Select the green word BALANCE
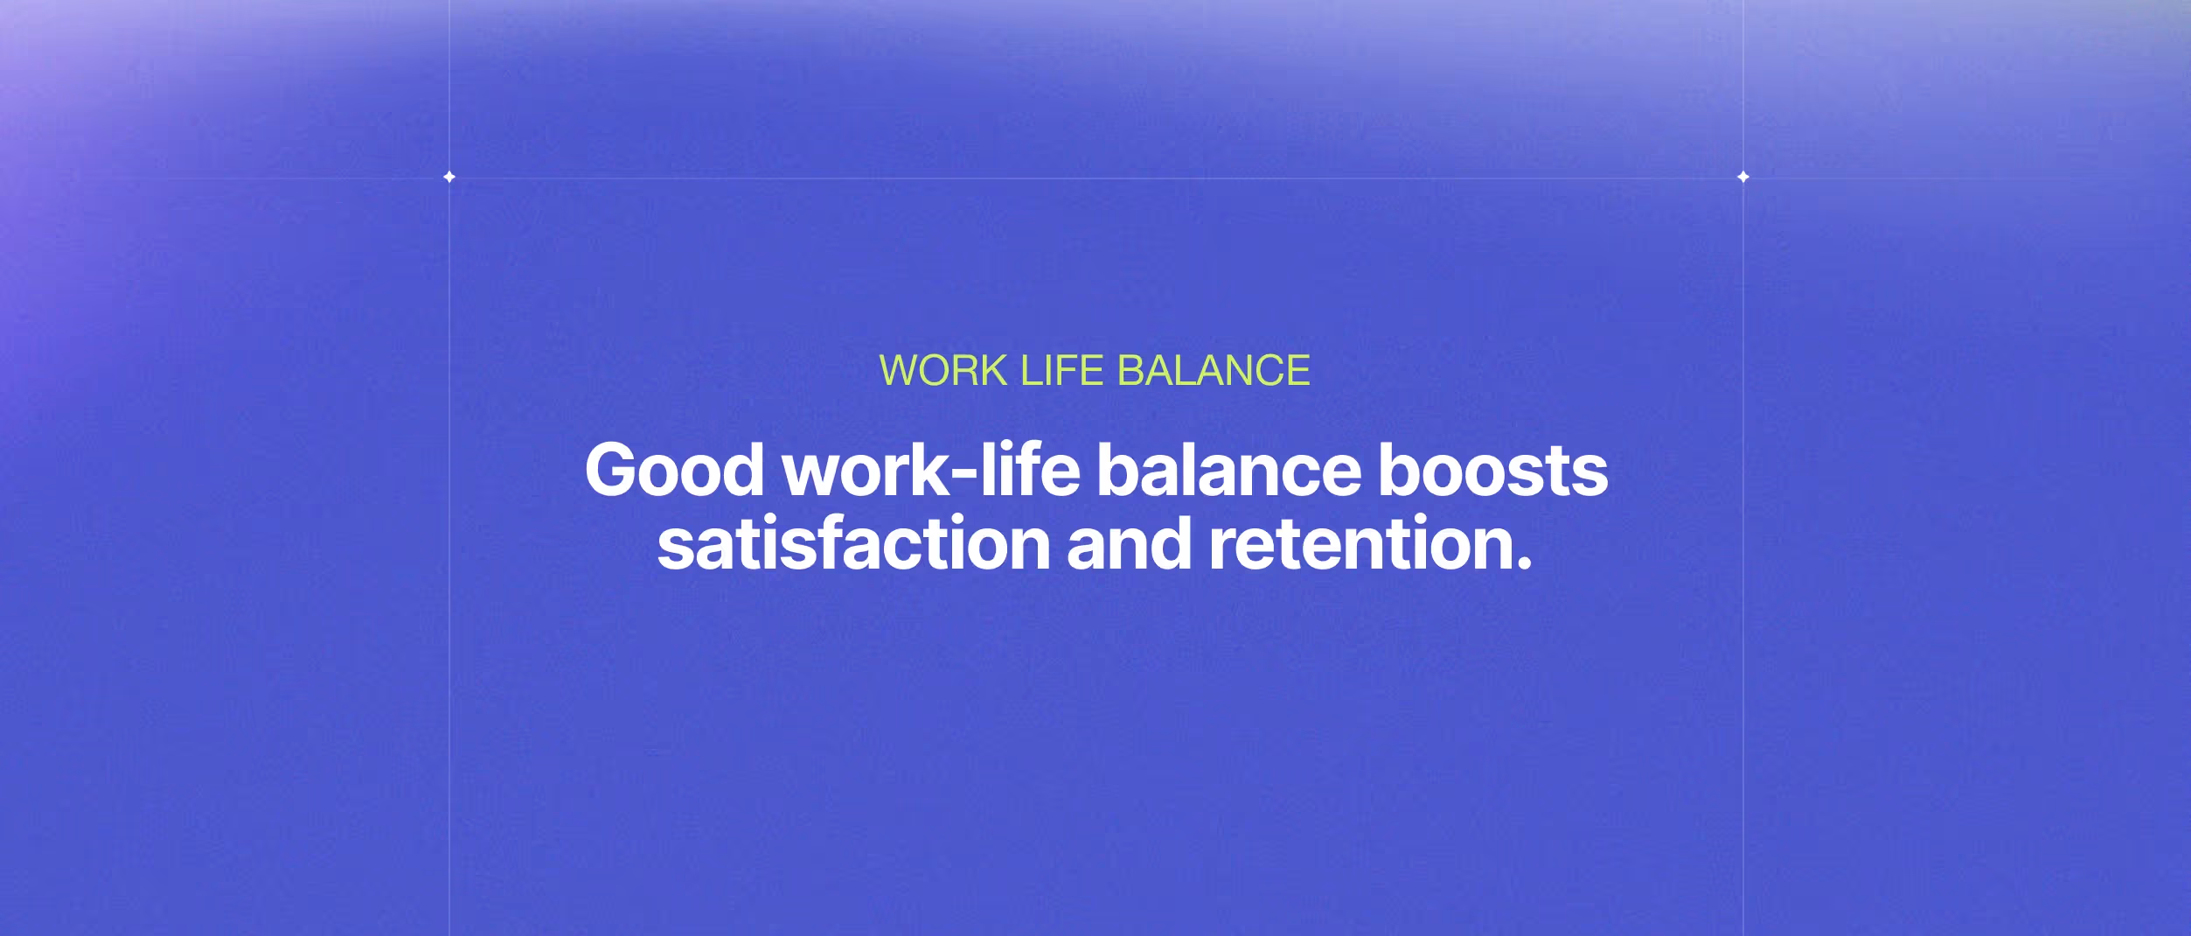click(1214, 371)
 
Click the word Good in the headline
click(674, 471)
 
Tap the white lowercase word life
click(1029, 471)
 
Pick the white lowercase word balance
click(1228, 471)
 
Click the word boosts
click(1492, 471)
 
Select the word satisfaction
click(853, 544)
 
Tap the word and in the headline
click(1129, 544)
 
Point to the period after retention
click(1524, 565)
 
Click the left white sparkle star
click(449, 177)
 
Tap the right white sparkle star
click(1742, 177)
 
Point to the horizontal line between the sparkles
click(1093, 178)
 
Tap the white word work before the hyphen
click(865, 472)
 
